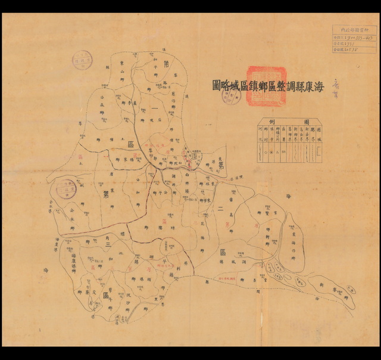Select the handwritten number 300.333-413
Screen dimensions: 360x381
356,37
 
